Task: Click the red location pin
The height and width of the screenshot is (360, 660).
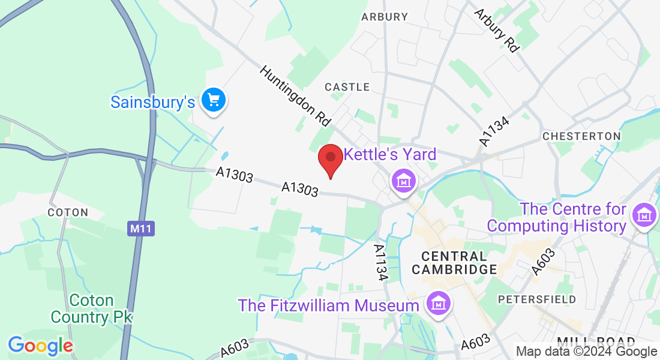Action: point(330,159)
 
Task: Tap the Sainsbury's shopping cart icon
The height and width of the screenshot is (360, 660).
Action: point(213,100)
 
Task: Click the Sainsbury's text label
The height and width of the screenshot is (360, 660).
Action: point(152,102)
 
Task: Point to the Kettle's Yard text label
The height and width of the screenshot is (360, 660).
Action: point(389,154)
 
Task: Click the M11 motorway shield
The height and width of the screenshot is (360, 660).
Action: point(141,229)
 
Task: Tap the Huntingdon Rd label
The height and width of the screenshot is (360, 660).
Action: point(295,96)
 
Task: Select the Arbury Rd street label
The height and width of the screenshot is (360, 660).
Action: point(496,30)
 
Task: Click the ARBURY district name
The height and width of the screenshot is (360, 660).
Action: point(385,17)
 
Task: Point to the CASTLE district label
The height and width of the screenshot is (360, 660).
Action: point(347,87)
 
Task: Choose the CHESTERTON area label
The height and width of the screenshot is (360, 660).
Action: point(581,136)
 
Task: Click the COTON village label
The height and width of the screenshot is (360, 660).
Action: point(68,212)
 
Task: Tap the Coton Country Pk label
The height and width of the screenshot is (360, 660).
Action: point(91,308)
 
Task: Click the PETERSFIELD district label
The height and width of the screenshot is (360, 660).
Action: point(538,299)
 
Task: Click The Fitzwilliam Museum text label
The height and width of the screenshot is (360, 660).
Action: point(328,305)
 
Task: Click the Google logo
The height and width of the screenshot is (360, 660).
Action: point(40,345)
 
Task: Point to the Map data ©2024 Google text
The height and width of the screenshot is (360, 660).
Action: point(587,352)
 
